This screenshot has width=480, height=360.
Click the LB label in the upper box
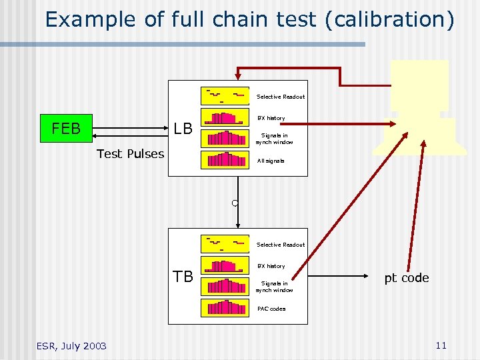pyautogui.click(x=183, y=128)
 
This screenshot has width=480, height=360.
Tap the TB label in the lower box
pyautogui.click(x=183, y=276)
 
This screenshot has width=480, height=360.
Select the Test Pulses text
pyautogui.click(x=130, y=154)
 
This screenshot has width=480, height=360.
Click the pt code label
pyautogui.click(x=406, y=278)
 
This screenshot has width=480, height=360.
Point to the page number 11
pyautogui.click(x=440, y=345)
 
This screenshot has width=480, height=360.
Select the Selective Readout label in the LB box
pyautogui.click(x=281, y=97)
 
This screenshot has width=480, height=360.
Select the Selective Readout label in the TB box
pyautogui.click(x=281, y=245)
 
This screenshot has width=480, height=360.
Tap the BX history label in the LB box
pyautogui.click(x=271, y=118)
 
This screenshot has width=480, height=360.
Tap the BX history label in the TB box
pyautogui.click(x=271, y=266)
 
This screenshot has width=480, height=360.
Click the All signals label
pyautogui.click(x=271, y=161)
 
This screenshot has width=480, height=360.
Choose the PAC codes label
pyautogui.click(x=271, y=309)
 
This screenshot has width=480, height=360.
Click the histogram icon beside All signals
pyautogui.click(x=227, y=159)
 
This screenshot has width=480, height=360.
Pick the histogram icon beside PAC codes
pyautogui.click(x=227, y=307)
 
